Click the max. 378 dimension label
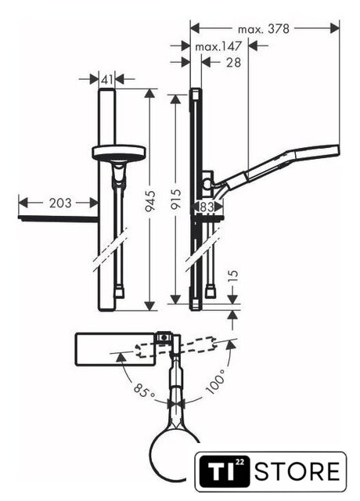pyautogui.click(x=264, y=29)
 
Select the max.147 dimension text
pyautogui.click(x=218, y=47)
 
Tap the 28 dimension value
pyautogui.click(x=233, y=63)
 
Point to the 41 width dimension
pyautogui.click(x=106, y=79)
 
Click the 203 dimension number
pyautogui.click(x=60, y=203)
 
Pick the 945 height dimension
pyautogui.click(x=150, y=200)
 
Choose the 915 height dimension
pyautogui.click(x=176, y=200)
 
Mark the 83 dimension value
pyautogui.click(x=207, y=207)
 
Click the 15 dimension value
pyautogui.click(x=233, y=276)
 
